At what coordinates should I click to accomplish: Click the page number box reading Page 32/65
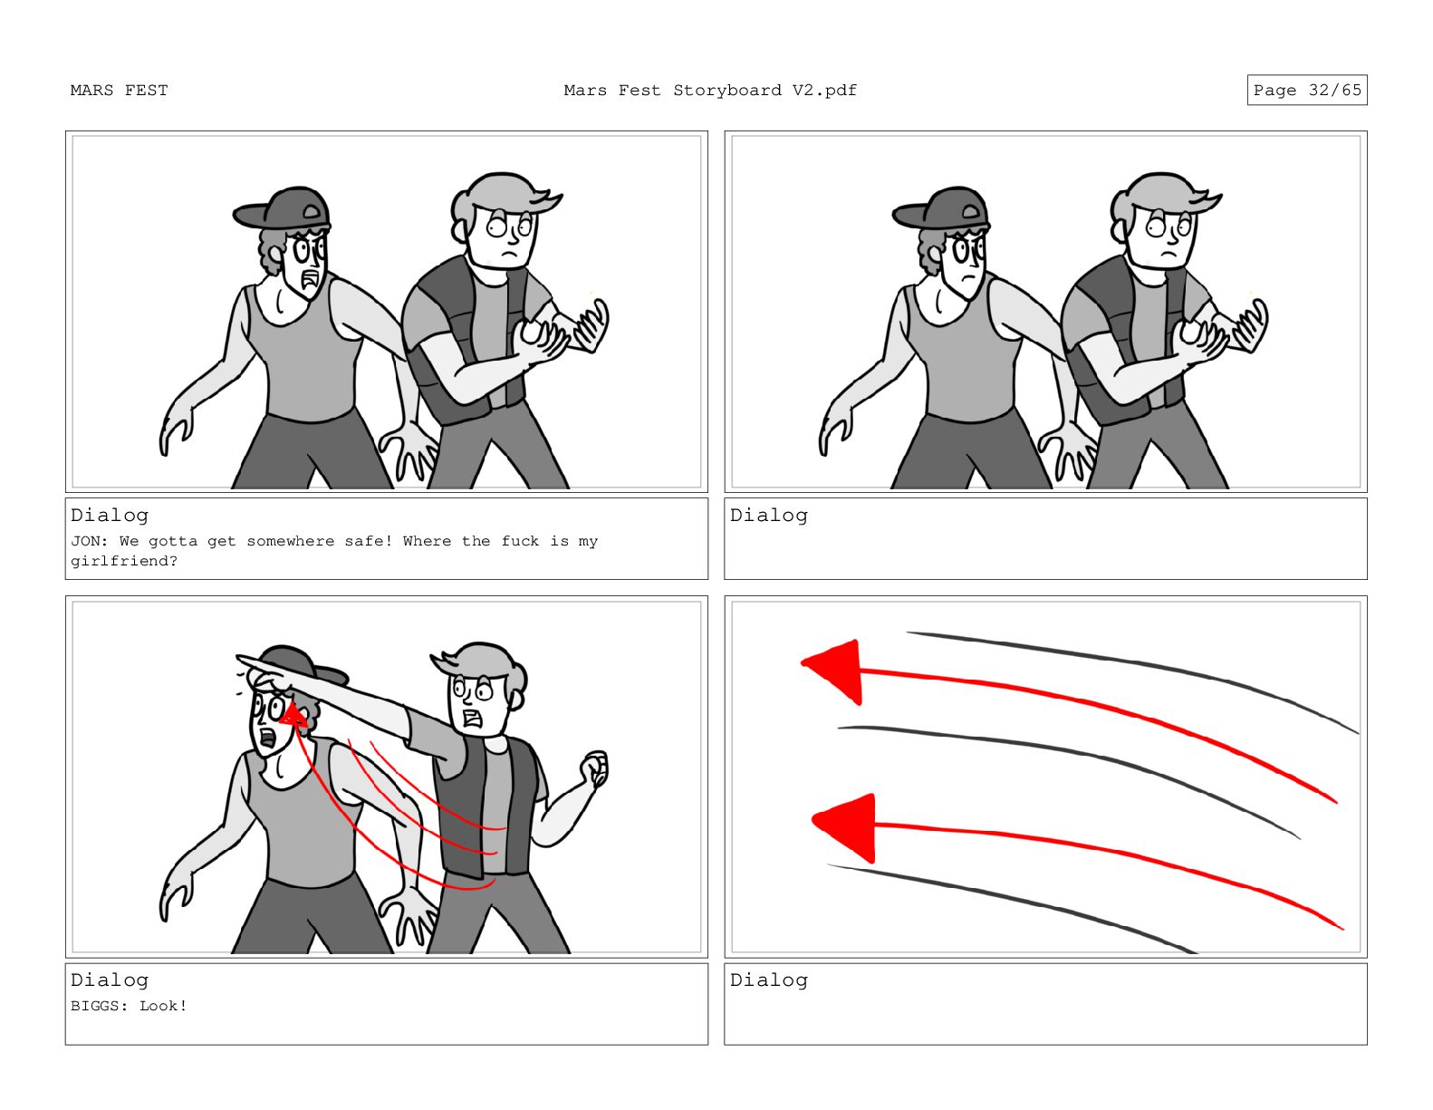[1306, 90]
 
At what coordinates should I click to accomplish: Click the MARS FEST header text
[119, 91]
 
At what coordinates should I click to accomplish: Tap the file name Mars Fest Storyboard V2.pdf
[710, 91]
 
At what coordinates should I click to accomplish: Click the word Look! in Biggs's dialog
[164, 1006]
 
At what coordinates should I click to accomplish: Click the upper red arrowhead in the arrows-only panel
[833, 671]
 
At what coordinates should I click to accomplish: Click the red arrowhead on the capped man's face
[293, 714]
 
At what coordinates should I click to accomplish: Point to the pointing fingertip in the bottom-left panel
[239, 658]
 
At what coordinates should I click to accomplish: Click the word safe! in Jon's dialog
[369, 542]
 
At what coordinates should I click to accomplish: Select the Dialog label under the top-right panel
[769, 515]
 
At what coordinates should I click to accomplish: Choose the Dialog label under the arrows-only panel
[769, 980]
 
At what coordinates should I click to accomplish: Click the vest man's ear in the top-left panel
[459, 231]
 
